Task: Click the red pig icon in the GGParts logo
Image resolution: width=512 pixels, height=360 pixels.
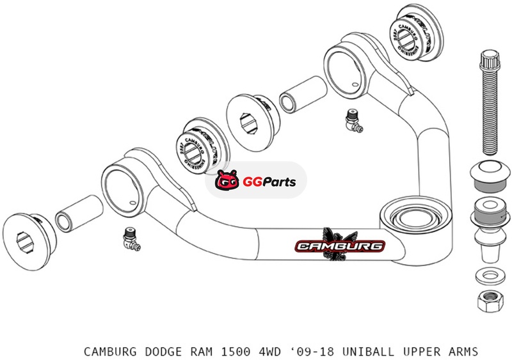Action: coord(228,182)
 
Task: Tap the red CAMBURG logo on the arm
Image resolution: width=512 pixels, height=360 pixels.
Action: coord(340,246)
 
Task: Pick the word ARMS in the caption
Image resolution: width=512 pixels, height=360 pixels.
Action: coord(463,351)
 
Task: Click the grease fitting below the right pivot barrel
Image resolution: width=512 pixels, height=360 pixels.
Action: coord(351,119)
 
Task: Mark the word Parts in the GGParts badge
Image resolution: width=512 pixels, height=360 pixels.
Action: coord(278,182)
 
